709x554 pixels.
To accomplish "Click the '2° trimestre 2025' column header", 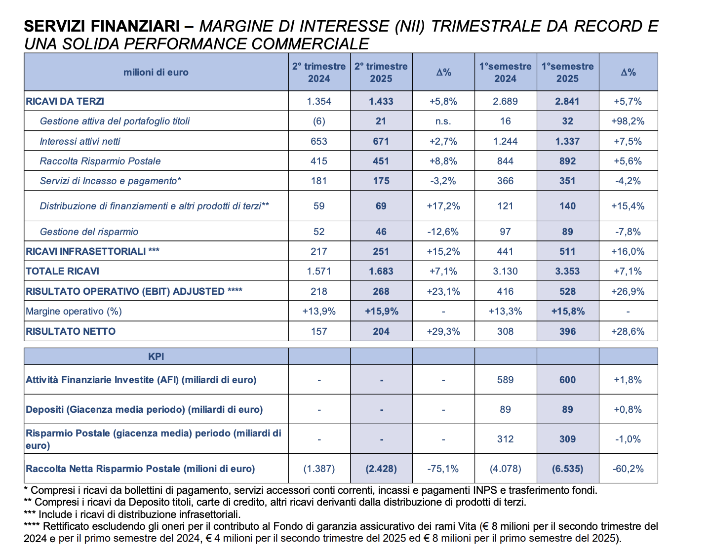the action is tap(381, 72).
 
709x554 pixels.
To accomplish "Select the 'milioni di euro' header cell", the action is tap(156, 72).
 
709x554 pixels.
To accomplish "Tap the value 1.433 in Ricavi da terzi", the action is tap(381, 101).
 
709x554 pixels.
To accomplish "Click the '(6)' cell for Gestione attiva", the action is tap(319, 121).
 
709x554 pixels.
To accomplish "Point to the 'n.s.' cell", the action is tap(443, 121).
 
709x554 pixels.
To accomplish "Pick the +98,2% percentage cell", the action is tap(628, 121).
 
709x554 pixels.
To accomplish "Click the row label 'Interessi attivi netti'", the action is tap(80, 141).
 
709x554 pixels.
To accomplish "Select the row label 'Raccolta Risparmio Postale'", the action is tap(100, 161).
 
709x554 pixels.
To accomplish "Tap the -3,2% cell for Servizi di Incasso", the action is tap(443, 181).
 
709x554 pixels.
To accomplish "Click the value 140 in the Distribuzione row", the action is tap(567, 206).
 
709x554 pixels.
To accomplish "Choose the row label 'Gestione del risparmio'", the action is tap(89, 232).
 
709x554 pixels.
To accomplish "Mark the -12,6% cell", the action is tap(443, 232).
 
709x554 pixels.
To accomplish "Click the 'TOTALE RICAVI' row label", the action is tap(62, 271).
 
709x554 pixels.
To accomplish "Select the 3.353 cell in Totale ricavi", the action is tap(567, 271).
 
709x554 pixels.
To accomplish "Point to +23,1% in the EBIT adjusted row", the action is tap(443, 291).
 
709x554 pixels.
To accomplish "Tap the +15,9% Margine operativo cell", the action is tap(382, 311).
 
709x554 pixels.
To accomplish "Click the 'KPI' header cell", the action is tap(156, 356).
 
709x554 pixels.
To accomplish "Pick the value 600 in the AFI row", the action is tap(567, 380).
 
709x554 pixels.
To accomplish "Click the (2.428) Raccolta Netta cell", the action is tap(381, 469).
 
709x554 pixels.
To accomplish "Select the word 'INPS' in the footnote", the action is tap(486, 490).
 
